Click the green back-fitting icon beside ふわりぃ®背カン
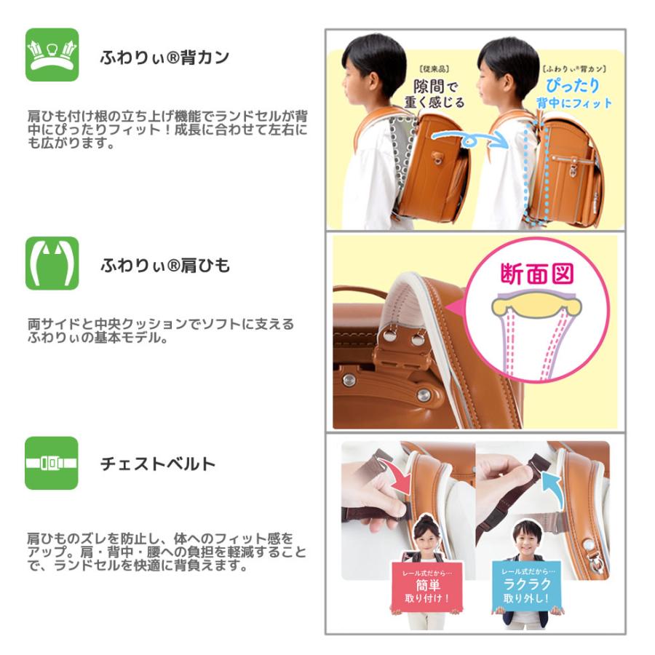52,55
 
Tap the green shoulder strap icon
52,263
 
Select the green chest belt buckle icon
52,463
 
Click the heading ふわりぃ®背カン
164,57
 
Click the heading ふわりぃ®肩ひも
165,266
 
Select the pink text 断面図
538,274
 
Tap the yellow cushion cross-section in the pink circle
537,305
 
